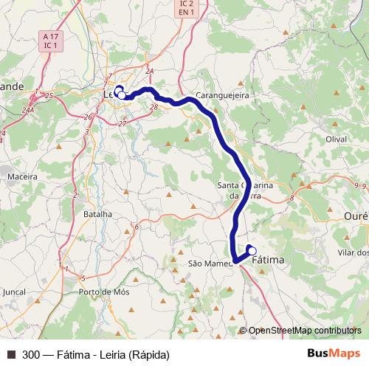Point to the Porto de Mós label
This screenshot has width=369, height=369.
coord(104,292)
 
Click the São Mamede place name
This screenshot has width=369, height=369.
coord(210,263)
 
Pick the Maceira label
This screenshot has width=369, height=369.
coord(21,176)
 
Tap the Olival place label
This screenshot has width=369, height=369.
coord(336,139)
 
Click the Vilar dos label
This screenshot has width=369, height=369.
coord(352,252)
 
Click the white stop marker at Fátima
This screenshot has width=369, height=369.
coord(252,250)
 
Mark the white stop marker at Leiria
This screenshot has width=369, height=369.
coord(122,94)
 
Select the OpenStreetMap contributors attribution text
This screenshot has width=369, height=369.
coord(305,331)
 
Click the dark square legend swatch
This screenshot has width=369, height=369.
coord(11,354)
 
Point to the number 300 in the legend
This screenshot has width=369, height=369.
coord(32,354)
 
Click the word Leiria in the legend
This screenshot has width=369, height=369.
coord(108,354)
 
